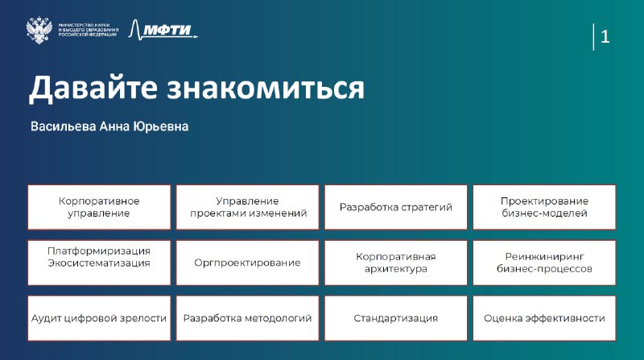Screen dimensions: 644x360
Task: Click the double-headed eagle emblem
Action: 39,30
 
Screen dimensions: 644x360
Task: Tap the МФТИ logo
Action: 163,30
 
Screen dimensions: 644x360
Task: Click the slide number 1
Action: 605,37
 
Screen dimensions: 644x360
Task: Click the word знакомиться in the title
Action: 266,88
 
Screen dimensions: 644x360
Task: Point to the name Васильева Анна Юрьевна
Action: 109,126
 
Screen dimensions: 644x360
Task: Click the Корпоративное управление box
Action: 99,207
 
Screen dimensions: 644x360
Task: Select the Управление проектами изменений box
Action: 248,207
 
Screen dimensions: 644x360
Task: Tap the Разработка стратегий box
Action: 396,207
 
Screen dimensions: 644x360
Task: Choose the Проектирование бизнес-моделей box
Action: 544,207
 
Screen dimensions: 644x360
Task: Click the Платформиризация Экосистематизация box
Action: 99,263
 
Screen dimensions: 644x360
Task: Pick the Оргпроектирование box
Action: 248,263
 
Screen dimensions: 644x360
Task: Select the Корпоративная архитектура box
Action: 396,263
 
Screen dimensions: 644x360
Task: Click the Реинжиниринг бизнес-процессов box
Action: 544,263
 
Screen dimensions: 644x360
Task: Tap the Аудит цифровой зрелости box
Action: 99,318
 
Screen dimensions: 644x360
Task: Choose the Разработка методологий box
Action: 248,318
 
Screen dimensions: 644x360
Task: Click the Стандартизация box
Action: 396,318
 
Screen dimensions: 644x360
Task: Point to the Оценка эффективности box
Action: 544,318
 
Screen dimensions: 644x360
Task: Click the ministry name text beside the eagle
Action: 89,30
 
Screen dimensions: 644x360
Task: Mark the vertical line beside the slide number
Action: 593,37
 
